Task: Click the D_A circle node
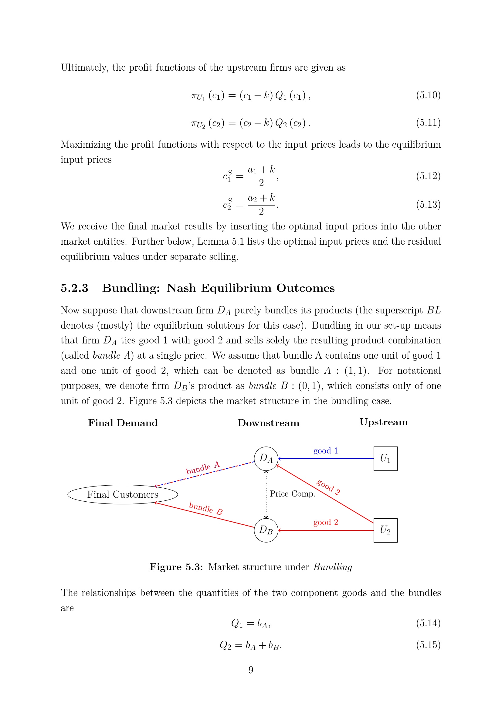[266, 459]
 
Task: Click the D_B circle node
[266, 530]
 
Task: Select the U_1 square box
[385, 459]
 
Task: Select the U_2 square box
[385, 530]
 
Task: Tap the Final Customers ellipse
[123, 494]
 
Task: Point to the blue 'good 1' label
[325, 451]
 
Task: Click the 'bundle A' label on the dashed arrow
[202, 467]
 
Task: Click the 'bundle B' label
[205, 508]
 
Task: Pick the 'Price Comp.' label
[292, 494]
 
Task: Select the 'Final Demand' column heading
[123, 423]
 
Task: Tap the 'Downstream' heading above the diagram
[268, 423]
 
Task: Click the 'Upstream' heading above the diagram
[383, 422]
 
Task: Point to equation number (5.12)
[428, 176]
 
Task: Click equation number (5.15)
[428, 645]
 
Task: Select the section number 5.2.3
[74, 288]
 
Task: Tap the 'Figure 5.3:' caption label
[176, 567]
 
